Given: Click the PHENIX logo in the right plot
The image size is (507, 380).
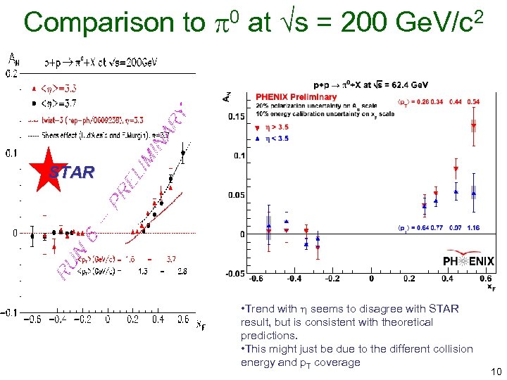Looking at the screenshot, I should pos(468,261).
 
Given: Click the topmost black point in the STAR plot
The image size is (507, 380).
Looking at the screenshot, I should pos(184,152).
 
